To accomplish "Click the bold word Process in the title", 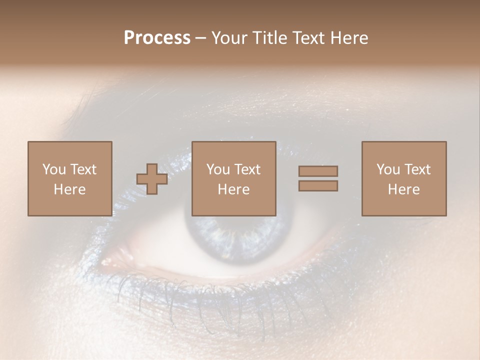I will [x=157, y=38].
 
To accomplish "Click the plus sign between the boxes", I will [x=152, y=179].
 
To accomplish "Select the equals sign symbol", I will [x=318, y=178].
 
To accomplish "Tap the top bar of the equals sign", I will [x=318, y=171].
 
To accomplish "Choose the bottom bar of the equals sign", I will [x=318, y=186].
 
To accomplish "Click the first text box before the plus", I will [x=69, y=178].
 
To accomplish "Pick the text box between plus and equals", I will [x=233, y=178].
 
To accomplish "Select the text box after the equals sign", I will [x=403, y=178].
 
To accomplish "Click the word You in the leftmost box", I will [x=53, y=169].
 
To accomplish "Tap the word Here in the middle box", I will [x=233, y=189].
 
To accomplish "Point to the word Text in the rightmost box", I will [x=417, y=169].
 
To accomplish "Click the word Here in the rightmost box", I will [x=403, y=189].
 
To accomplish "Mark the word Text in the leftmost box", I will [x=82, y=169].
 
